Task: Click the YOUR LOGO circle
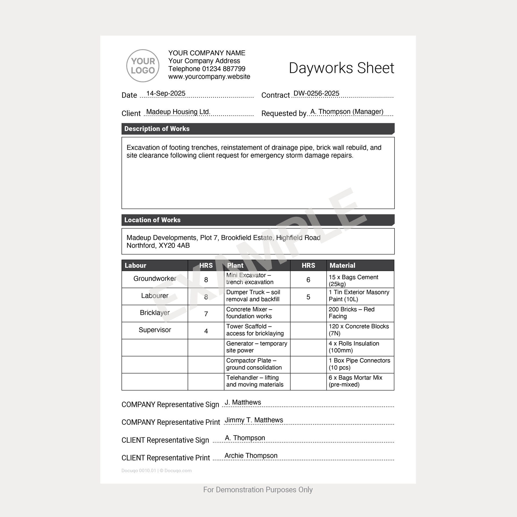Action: pyautogui.click(x=143, y=66)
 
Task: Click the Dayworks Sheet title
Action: pyautogui.click(x=341, y=68)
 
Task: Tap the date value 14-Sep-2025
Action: pyautogui.click(x=166, y=94)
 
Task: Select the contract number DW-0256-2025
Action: pyautogui.click(x=316, y=94)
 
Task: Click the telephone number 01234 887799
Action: pyautogui.click(x=223, y=69)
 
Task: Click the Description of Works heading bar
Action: pyautogui.click(x=258, y=129)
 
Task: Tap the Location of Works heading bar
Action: pyautogui.click(x=258, y=220)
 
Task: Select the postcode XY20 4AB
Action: pyautogui.click(x=174, y=246)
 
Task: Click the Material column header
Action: pyautogui.click(x=360, y=265)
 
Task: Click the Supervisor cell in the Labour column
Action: pyautogui.click(x=155, y=330)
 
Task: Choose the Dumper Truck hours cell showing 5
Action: pyautogui.click(x=308, y=297)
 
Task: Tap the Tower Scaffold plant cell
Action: pyautogui.click(x=257, y=330)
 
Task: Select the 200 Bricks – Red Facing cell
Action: pyautogui.click(x=360, y=313)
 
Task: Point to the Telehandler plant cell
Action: pyautogui.click(x=257, y=381)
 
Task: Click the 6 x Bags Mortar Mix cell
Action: pyautogui.click(x=360, y=381)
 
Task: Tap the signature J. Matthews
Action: pyautogui.click(x=243, y=402)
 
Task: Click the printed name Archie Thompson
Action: pyautogui.click(x=251, y=456)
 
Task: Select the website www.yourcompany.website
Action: pyautogui.click(x=209, y=77)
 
